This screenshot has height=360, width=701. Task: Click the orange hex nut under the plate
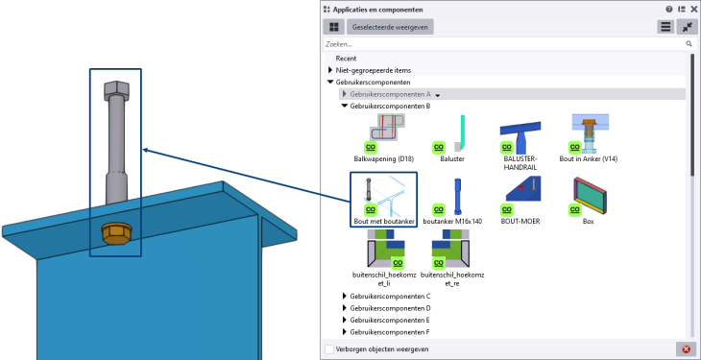116,234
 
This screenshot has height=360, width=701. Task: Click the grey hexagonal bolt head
116,91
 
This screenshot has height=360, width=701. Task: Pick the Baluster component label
452,158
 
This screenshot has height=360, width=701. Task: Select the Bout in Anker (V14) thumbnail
590,133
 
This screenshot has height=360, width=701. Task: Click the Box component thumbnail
591,195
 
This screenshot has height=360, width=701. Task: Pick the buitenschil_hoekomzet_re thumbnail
450,249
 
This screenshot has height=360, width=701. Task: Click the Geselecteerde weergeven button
390,27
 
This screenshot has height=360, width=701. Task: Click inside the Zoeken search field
504,44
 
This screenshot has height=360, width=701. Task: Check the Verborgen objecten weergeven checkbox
329,349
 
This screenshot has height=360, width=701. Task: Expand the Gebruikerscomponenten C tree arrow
344,296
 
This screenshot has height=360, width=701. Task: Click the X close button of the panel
694,10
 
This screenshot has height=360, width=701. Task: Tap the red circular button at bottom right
687,348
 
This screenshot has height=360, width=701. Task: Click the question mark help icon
669,10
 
